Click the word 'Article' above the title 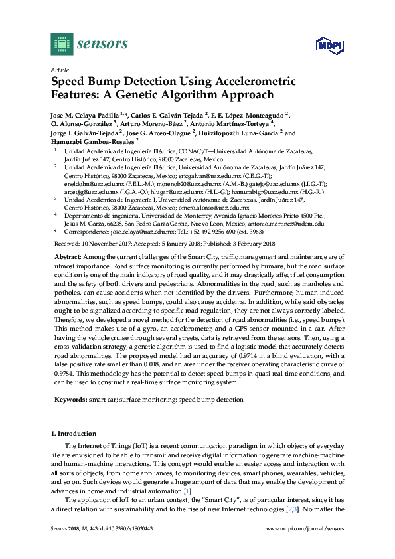tap(60, 70)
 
